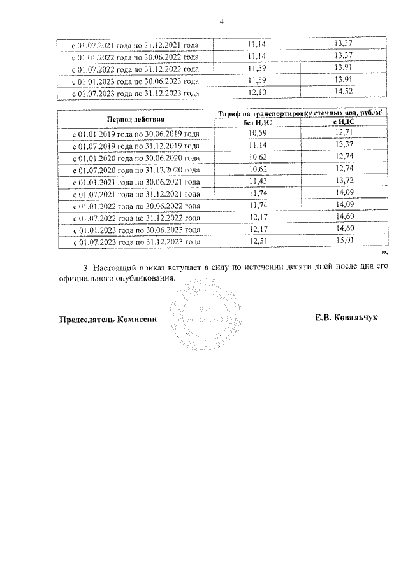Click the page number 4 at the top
[x=221, y=22]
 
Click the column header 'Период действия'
[x=135, y=119]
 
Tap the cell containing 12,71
[x=344, y=134]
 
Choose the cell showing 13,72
[x=344, y=182]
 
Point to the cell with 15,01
[x=344, y=242]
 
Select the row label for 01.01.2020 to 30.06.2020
[x=136, y=158]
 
